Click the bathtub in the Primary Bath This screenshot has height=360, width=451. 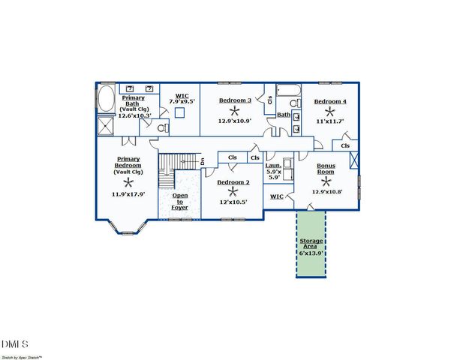106,98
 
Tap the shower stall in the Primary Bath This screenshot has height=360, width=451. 106,124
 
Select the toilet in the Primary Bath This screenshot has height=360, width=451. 161,127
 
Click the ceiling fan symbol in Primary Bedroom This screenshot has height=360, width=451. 128,181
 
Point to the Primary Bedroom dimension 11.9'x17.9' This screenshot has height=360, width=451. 128,193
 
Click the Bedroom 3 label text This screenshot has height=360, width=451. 234,100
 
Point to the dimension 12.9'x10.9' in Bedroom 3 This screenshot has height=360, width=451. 234,120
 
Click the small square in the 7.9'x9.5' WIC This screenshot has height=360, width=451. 179,112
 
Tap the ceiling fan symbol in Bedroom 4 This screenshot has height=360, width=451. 329,109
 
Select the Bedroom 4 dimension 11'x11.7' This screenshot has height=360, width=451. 329,120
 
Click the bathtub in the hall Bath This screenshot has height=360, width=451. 287,91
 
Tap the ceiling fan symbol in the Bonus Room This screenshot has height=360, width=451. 326,181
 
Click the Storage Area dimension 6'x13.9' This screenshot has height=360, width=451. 311,253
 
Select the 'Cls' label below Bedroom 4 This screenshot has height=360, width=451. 344,145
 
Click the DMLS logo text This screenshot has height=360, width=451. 15,344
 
